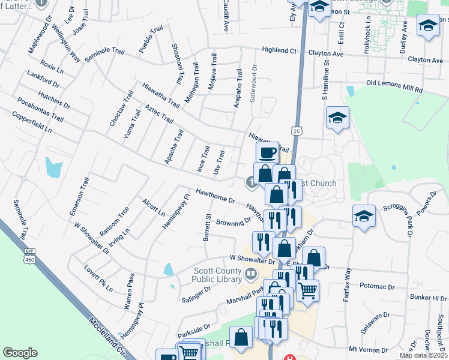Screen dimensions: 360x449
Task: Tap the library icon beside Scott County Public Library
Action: point(251,274)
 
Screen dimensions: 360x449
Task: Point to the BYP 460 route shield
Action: point(30,257)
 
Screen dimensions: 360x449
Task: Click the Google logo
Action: point(20,353)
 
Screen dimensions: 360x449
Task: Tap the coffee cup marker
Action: point(267,152)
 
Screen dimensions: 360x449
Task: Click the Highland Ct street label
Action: point(279,51)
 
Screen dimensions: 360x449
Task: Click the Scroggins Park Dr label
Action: point(400,211)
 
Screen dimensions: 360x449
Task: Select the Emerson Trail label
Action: point(79,196)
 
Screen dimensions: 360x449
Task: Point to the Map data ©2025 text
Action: point(423,355)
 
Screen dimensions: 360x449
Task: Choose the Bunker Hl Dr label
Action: point(431,298)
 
